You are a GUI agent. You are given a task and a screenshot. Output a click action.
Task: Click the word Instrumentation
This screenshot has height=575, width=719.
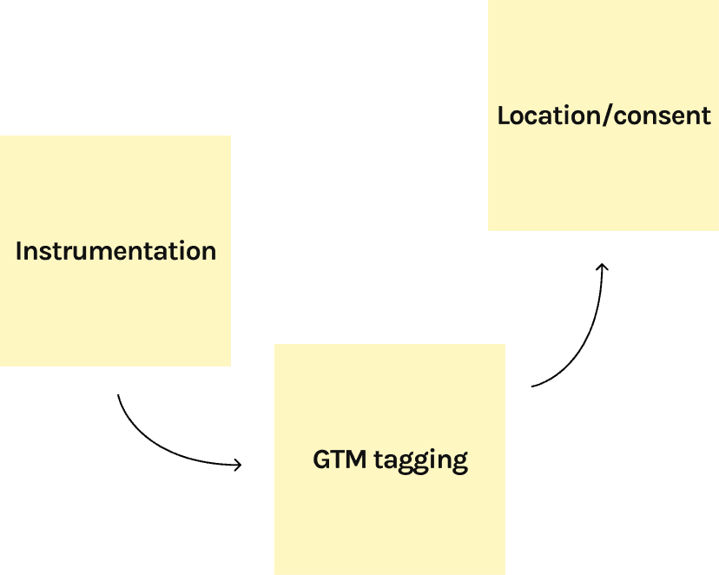115,251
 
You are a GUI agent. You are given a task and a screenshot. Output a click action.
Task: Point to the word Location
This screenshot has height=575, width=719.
548,116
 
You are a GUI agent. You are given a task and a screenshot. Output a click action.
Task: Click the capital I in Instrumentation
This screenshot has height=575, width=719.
19,251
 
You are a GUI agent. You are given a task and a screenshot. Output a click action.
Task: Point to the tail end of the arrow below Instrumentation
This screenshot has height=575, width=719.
118,396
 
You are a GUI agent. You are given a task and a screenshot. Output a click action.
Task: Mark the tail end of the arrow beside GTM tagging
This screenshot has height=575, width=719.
532,386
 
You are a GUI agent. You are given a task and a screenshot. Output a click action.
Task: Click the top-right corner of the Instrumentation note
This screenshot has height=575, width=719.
230,136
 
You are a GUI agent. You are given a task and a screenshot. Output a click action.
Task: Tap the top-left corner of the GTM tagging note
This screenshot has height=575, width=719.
275,345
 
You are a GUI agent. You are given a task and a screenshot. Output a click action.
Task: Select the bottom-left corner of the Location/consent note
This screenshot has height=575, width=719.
489,230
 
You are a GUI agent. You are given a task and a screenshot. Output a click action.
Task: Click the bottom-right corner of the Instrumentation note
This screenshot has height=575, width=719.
230,366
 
